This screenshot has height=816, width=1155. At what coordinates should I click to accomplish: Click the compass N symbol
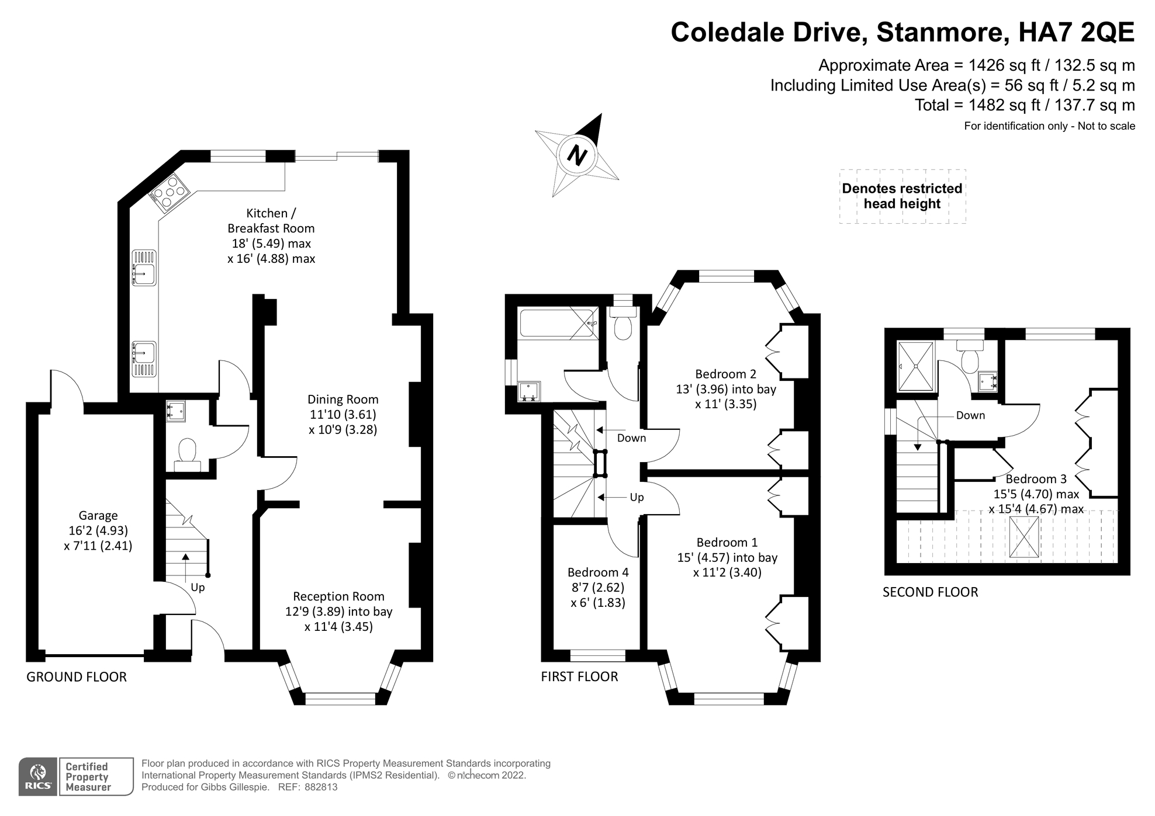[577, 155]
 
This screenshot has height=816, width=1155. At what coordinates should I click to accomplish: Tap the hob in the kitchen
[170, 190]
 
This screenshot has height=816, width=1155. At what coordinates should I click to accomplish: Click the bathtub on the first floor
[559, 323]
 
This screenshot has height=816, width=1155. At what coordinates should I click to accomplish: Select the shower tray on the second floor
[917, 366]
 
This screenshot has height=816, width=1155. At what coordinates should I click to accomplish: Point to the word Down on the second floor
[970, 416]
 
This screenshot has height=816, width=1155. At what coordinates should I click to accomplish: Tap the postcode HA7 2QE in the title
[1076, 32]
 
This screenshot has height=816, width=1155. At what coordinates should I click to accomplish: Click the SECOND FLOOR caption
[930, 592]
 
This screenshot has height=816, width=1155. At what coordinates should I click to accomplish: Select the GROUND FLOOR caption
[77, 677]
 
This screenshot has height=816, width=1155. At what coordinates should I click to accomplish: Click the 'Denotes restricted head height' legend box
[902, 196]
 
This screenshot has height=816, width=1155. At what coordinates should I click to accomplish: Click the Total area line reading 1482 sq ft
[1025, 105]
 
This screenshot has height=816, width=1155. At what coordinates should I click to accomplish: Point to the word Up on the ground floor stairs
[198, 588]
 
